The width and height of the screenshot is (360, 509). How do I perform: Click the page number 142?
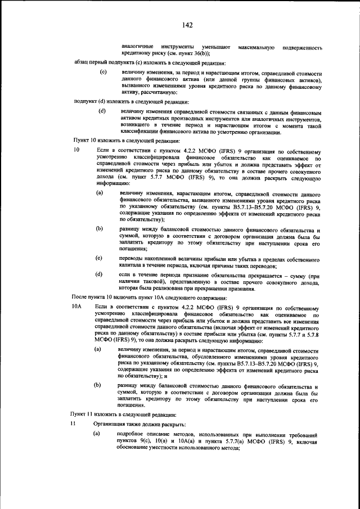click(x=187, y=25)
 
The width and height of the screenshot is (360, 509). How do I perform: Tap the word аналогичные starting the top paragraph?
click(x=138, y=45)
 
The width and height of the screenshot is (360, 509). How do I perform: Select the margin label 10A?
click(x=78, y=307)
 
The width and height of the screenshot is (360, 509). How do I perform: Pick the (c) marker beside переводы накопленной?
click(x=99, y=258)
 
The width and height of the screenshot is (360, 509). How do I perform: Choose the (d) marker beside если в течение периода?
click(x=99, y=274)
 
